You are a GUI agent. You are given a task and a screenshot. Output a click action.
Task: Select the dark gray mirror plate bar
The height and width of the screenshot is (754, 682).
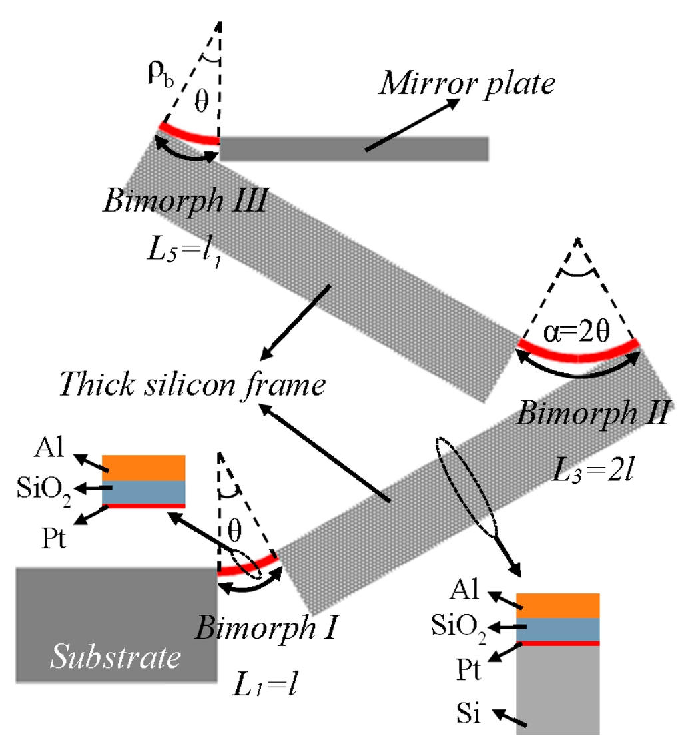[354, 149]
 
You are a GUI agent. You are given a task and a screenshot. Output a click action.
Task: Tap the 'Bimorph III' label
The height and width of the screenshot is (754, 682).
[184, 202]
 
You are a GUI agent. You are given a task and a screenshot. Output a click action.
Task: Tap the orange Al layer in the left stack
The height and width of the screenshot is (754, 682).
[143, 468]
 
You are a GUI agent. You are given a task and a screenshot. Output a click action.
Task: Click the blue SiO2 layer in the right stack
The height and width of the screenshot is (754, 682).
[558, 629]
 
